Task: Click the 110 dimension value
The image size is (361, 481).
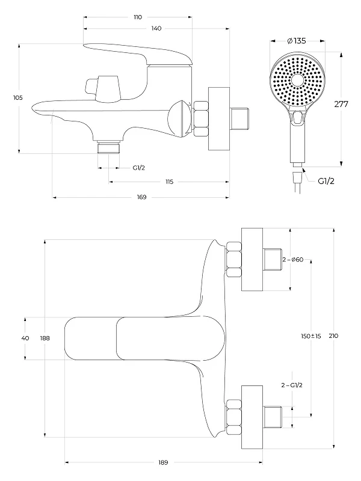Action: [x=138, y=17]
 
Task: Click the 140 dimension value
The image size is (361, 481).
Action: [x=156, y=28]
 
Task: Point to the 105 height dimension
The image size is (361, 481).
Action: [x=18, y=98]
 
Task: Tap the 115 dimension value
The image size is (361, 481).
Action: [x=170, y=182]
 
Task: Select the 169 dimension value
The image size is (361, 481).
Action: [x=141, y=197]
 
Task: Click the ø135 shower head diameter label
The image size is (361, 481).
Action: [x=297, y=41]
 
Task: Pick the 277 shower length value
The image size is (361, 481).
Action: [x=341, y=104]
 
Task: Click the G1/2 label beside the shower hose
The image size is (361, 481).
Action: [x=326, y=181]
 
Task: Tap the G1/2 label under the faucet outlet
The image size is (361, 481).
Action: [x=139, y=168]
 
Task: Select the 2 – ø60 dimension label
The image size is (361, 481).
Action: [x=293, y=260]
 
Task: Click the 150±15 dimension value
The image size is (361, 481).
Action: [x=310, y=336]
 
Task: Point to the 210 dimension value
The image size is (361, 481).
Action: [x=333, y=336]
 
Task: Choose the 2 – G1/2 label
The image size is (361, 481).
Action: [x=292, y=385]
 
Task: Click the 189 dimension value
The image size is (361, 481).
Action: [x=163, y=462]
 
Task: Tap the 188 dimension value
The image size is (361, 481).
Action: [x=45, y=339]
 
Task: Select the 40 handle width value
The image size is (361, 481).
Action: [x=25, y=338]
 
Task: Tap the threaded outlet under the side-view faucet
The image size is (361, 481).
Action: [x=108, y=147]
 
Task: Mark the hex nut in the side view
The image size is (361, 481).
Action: [x=201, y=118]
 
